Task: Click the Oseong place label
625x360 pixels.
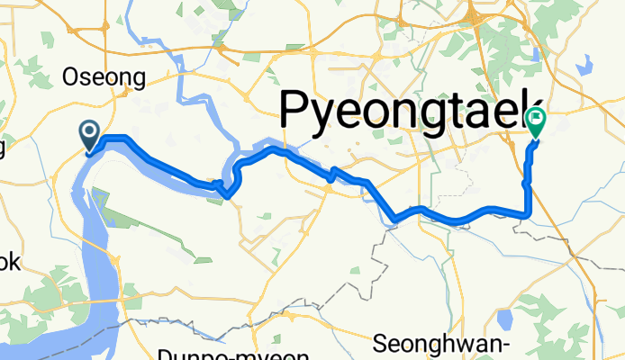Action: tap(104, 78)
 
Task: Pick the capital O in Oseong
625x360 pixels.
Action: tap(70, 78)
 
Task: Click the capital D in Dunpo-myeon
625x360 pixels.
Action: tap(166, 354)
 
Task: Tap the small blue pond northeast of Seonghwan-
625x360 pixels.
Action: tap(505, 318)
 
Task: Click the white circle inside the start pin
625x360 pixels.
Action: tap(90, 132)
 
